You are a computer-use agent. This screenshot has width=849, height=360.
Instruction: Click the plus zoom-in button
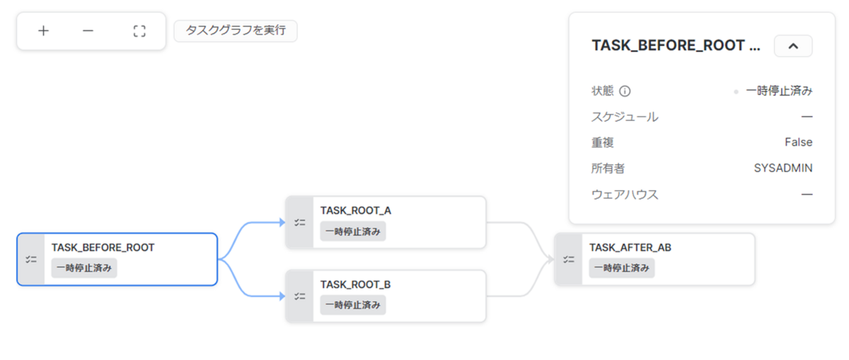pyautogui.click(x=44, y=30)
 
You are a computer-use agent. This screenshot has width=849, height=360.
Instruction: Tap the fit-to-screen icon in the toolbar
pyautogui.click(x=139, y=31)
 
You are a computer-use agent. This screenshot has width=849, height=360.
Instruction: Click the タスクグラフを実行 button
pyautogui.click(x=236, y=30)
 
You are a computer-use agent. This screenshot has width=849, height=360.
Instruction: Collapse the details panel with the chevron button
pyautogui.click(x=793, y=46)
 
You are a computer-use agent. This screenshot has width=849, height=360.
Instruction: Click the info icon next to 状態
pyautogui.click(x=625, y=91)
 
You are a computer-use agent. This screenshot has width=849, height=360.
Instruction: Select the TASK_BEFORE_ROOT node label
pyautogui.click(x=103, y=248)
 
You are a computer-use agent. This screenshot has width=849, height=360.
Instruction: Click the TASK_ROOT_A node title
pyautogui.click(x=355, y=210)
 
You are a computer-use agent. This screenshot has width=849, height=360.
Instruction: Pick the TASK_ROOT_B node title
pyautogui.click(x=355, y=284)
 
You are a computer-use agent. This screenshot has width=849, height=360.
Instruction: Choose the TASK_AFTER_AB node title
pyautogui.click(x=630, y=248)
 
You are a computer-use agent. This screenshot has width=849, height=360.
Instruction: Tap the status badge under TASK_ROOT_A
pyautogui.click(x=353, y=231)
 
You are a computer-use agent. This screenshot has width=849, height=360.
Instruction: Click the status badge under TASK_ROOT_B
pyautogui.click(x=353, y=305)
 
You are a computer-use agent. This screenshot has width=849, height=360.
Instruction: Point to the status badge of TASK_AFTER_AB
pyautogui.click(x=622, y=268)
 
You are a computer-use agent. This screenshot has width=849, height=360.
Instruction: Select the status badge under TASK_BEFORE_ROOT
pyautogui.click(x=84, y=268)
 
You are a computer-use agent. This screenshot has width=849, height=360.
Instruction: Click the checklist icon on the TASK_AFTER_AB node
pyautogui.click(x=569, y=259)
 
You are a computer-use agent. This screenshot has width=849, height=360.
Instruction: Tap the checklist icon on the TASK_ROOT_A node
pyautogui.click(x=300, y=223)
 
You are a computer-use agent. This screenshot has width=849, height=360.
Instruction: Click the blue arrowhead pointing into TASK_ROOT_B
pyautogui.click(x=282, y=296)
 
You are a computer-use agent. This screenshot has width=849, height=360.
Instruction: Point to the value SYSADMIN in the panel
pyautogui.click(x=783, y=168)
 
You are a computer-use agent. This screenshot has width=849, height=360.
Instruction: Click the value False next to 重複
pyautogui.click(x=799, y=142)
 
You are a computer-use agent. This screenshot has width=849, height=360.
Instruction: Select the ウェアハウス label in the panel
pyautogui.click(x=625, y=194)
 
